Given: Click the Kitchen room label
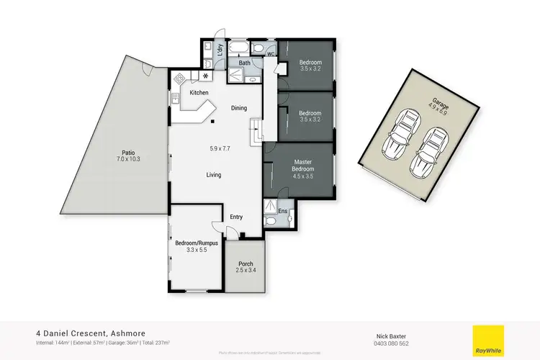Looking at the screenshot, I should coord(199,93).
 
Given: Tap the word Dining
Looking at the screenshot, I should coord(239,108).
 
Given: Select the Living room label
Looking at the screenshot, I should coord(213,174).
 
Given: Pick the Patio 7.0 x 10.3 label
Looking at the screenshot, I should coord(128,156).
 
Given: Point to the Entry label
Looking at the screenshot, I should coord(236,217).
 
